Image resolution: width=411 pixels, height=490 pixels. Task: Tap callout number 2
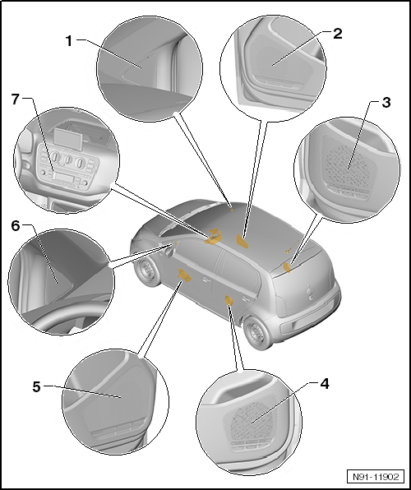point(338,34)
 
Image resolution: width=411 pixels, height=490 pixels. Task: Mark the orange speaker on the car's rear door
point(229,303)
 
